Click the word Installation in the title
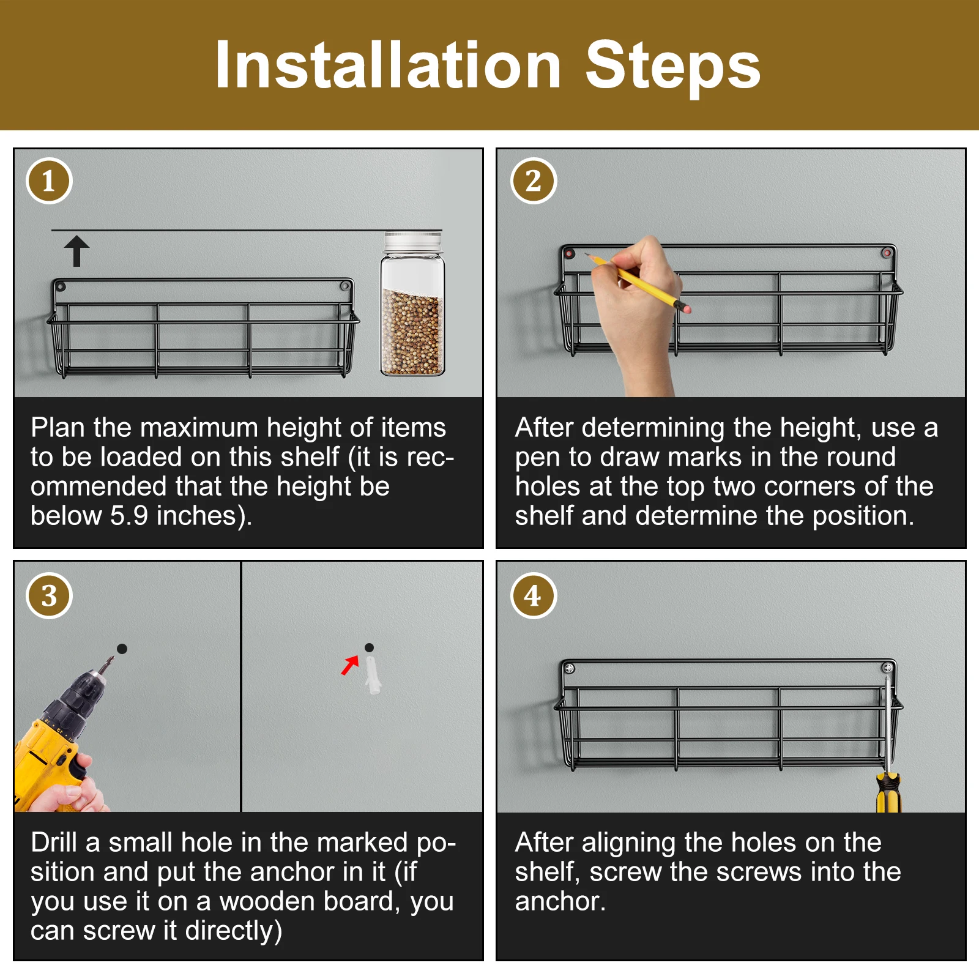pyautogui.click(x=388, y=65)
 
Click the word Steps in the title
pyautogui.click(x=673, y=66)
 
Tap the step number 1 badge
pyautogui.click(x=49, y=181)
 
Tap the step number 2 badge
pyautogui.click(x=534, y=181)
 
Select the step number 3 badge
pyautogui.click(x=49, y=596)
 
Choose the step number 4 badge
pyautogui.click(x=534, y=596)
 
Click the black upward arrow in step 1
pyautogui.click(x=77, y=251)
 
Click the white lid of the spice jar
pyautogui.click(x=413, y=241)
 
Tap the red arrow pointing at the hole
pyautogui.click(x=350, y=665)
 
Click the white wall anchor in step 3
pyautogui.click(x=372, y=674)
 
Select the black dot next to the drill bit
pyautogui.click(x=122, y=649)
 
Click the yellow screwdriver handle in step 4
pyautogui.click(x=888, y=792)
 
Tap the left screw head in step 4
pyautogui.click(x=569, y=668)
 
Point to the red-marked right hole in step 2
pyautogui.click(x=887, y=252)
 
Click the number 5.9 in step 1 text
pyautogui.click(x=129, y=516)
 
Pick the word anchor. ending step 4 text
pyautogui.click(x=560, y=901)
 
